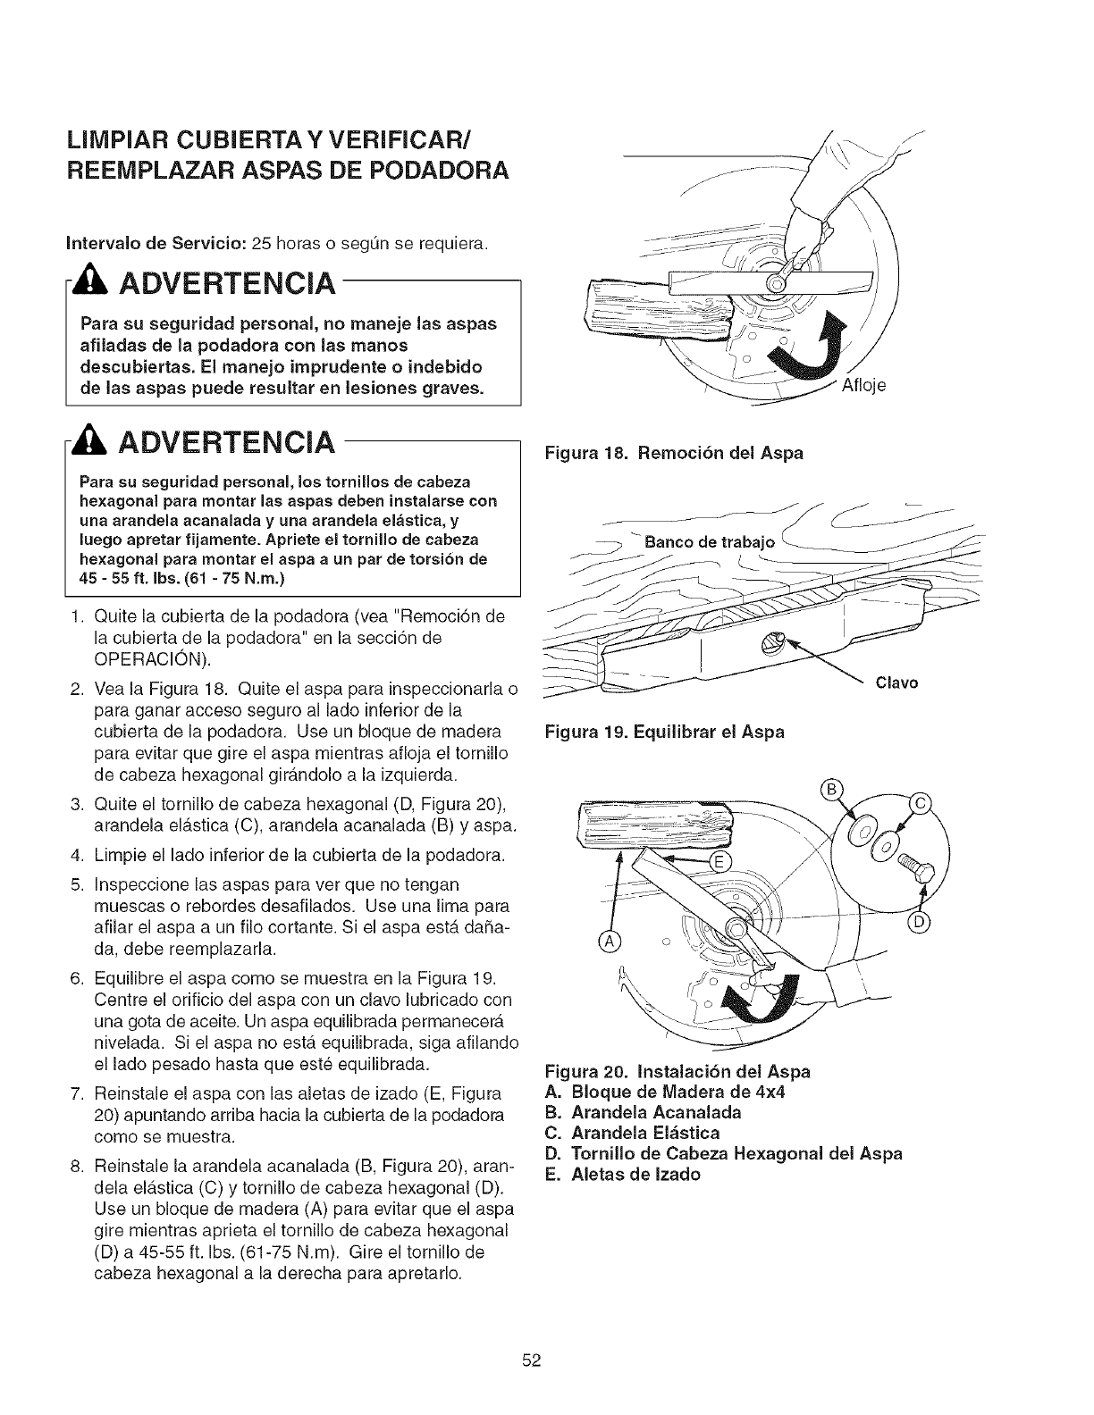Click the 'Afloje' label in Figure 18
(863, 386)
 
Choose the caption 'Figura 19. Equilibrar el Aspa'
(666, 732)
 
